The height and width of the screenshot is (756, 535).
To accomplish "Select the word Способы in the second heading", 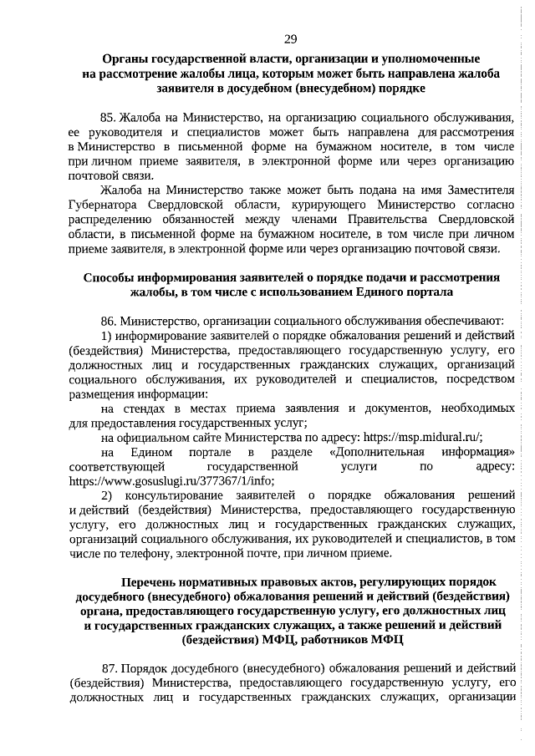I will pos(113,277).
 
